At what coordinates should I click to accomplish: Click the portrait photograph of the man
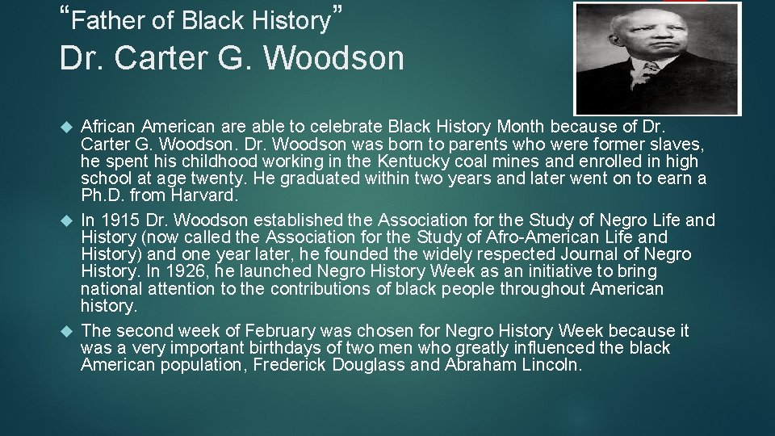tap(656, 58)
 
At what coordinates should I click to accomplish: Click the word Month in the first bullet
tap(522, 126)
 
